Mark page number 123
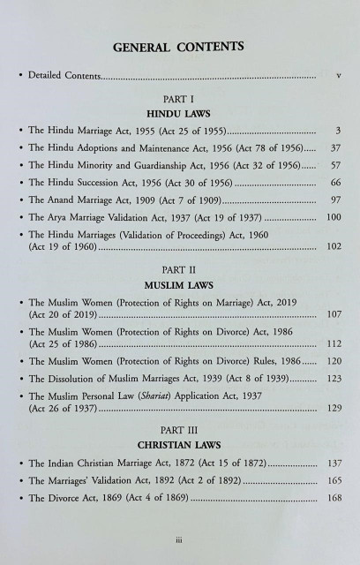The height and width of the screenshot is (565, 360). pos(332,402)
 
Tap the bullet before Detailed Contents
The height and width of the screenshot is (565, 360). pos(20,79)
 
